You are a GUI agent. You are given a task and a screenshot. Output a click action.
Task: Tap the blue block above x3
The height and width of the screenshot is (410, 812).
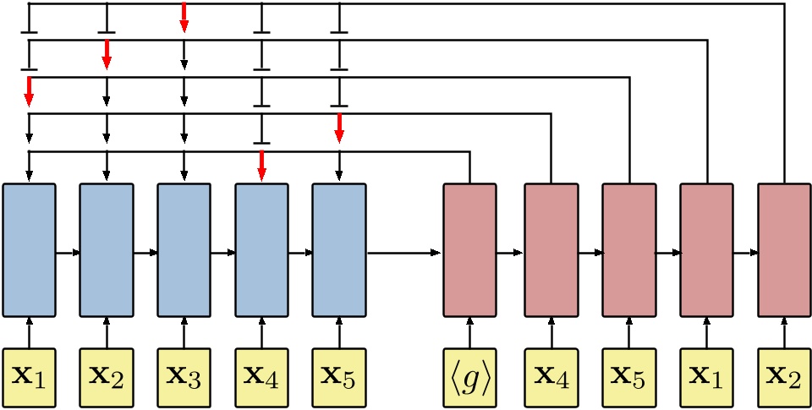tap(184, 250)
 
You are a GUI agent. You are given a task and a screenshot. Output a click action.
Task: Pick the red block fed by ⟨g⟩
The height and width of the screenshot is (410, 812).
tap(469, 250)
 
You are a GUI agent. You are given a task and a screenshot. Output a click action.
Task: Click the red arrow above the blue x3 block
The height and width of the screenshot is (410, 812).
tap(184, 18)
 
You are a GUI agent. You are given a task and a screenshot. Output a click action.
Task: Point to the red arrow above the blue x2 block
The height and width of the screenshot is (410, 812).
tap(107, 54)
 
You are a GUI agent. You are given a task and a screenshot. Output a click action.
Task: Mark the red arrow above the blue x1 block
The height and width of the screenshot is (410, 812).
tap(29, 91)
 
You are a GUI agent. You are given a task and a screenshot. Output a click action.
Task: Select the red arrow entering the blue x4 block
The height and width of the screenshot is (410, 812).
tap(261, 166)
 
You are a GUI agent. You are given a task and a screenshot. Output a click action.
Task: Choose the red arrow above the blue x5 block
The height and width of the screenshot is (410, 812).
tap(339, 128)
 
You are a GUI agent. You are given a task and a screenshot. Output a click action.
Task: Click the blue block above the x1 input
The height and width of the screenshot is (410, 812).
tap(29, 250)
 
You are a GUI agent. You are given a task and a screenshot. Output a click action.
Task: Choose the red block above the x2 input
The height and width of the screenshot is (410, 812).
tap(784, 250)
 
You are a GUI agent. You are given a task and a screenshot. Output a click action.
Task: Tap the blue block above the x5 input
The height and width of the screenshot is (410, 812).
tap(339, 250)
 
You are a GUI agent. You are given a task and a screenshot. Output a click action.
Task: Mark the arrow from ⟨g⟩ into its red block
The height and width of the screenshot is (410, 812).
tap(469, 331)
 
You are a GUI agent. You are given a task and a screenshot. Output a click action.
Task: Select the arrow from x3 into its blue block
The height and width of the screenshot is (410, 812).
tap(184, 331)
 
